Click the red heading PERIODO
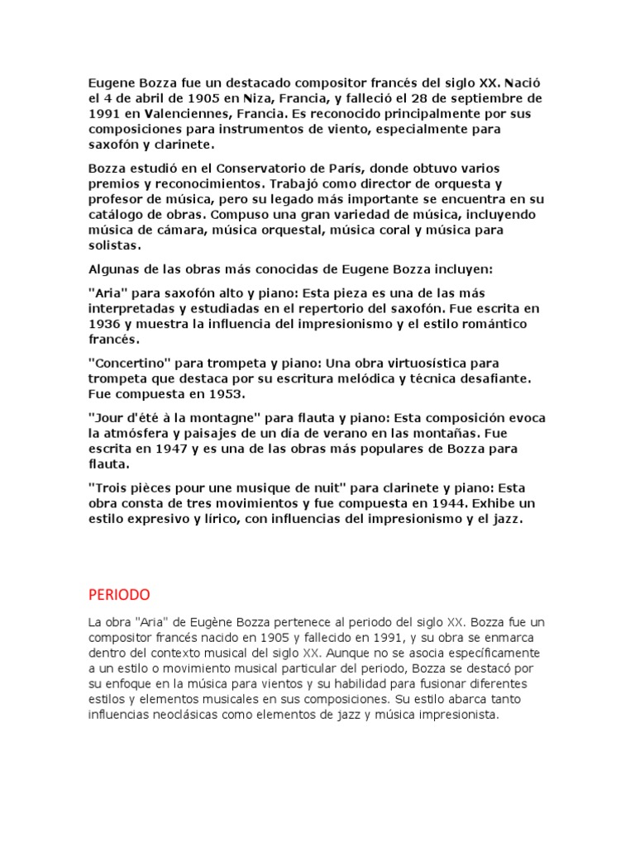pyautogui.click(x=119, y=594)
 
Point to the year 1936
pyautogui.click(x=103, y=323)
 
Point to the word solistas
pyautogui.click(x=114, y=245)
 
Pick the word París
pyautogui.click(x=343, y=169)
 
